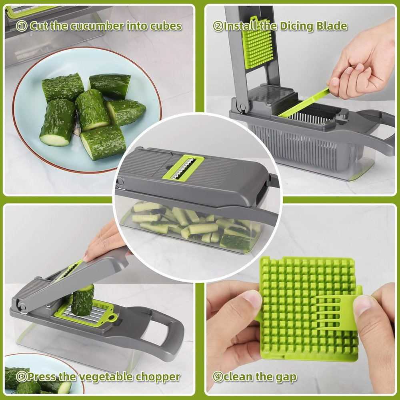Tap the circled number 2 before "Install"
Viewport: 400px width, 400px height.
[x=218, y=27]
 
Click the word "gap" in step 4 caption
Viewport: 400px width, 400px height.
[x=286, y=377]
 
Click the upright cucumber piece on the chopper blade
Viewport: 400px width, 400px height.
[x=82, y=300]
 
